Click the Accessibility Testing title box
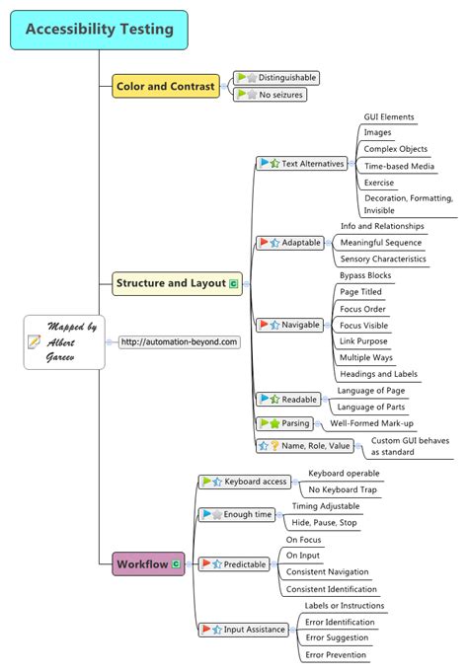(99, 30)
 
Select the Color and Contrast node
(165, 87)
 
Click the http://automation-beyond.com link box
(179, 341)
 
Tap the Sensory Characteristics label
(382, 259)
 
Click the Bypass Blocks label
(365, 275)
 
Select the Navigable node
(293, 324)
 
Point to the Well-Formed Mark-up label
(373, 422)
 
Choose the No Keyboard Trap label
(342, 489)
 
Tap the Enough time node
(239, 514)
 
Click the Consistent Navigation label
(327, 571)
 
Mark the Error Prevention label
(336, 654)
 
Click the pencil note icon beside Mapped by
(35, 341)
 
